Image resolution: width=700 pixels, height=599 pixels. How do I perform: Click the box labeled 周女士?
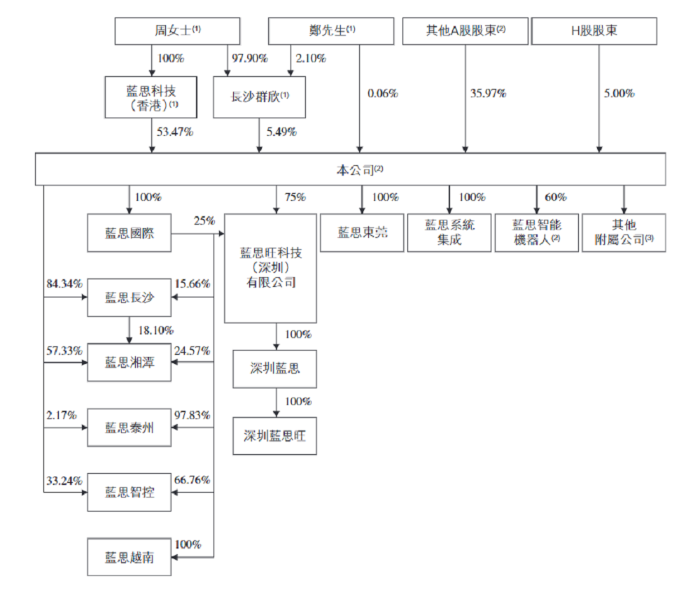pyautogui.click(x=177, y=31)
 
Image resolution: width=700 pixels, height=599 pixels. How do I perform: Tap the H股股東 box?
pyautogui.click(x=594, y=31)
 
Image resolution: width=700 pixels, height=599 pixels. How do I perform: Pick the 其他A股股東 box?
pyautogui.click(x=465, y=31)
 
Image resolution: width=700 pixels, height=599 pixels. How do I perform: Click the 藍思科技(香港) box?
pyautogui.click(x=151, y=97)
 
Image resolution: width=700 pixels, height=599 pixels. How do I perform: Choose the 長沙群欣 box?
pyautogui.click(x=259, y=97)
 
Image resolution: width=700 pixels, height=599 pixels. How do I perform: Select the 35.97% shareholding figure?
pyautogui.click(x=488, y=93)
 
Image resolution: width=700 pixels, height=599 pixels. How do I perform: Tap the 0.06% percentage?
pyautogui.click(x=382, y=93)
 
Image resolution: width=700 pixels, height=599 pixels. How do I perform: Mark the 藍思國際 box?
pyautogui.click(x=129, y=233)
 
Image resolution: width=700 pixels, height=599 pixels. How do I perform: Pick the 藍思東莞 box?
pyautogui.click(x=361, y=233)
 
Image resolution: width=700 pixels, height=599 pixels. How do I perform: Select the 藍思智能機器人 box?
pyautogui.click(x=536, y=233)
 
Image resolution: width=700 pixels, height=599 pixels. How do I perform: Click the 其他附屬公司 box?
pyautogui.click(x=623, y=233)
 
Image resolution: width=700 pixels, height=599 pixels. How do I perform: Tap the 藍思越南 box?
pyautogui.click(x=129, y=558)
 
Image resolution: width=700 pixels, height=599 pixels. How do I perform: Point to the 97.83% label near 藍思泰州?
pyautogui.click(x=193, y=416)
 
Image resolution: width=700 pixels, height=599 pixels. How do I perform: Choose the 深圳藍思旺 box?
pyautogui.click(x=274, y=436)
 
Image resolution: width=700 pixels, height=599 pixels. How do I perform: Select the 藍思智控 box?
pyautogui.click(x=129, y=493)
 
